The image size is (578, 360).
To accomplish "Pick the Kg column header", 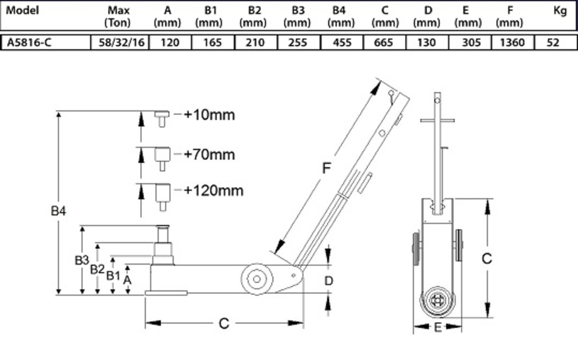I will click(x=560, y=10).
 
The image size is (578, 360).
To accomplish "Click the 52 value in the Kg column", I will click(x=553, y=43).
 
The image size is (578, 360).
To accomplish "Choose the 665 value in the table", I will click(x=383, y=43).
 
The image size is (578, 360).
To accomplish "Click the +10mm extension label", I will click(x=209, y=115).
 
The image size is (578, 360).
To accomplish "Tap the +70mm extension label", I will click(x=209, y=154).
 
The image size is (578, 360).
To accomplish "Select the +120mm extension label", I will click(x=213, y=191).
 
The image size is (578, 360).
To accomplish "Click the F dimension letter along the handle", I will click(x=328, y=168).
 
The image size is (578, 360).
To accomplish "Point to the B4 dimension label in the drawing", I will click(x=59, y=211).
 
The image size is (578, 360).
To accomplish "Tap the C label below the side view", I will click(x=224, y=323).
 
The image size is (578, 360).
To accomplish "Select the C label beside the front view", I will click(x=487, y=258).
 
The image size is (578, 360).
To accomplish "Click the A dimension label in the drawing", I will click(x=127, y=279).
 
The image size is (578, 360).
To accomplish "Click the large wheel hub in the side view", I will click(x=256, y=279).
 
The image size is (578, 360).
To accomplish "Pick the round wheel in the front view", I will click(x=437, y=301).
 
